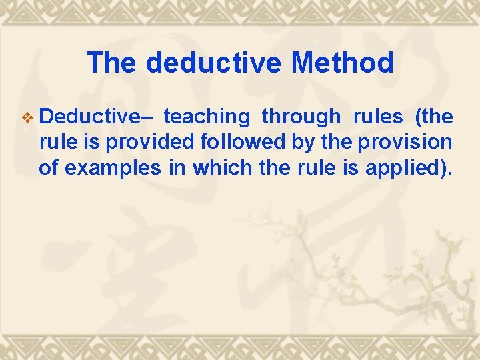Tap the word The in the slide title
point(111,63)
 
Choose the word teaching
point(206,117)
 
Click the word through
point(301,117)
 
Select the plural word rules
point(378,117)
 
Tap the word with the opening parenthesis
point(434,117)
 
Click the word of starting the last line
point(49,167)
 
